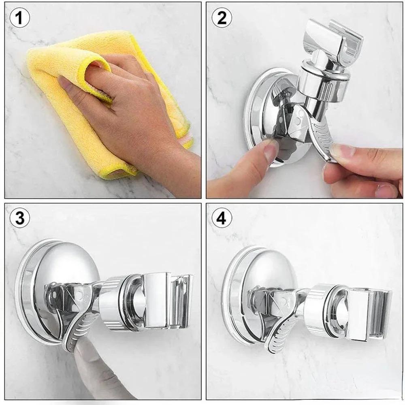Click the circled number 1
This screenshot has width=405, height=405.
click(20, 19)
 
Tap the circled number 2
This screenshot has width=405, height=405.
click(222, 19)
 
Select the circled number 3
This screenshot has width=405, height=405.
click(20, 219)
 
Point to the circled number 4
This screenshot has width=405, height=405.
click(222, 219)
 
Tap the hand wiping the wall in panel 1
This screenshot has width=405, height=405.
click(122, 101)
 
